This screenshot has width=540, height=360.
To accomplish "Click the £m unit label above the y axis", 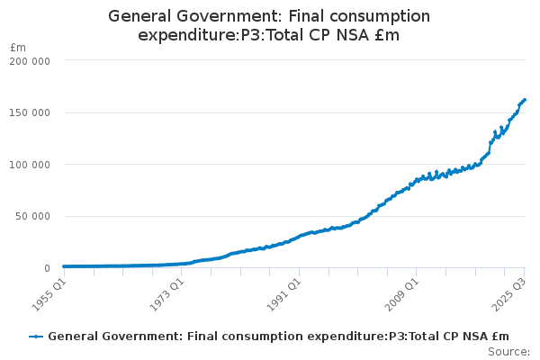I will [18, 47].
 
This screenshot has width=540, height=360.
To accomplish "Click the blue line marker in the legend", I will [36, 337].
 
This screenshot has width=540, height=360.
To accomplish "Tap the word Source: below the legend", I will [508, 351].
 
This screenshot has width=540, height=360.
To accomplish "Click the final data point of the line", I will [525, 99].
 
